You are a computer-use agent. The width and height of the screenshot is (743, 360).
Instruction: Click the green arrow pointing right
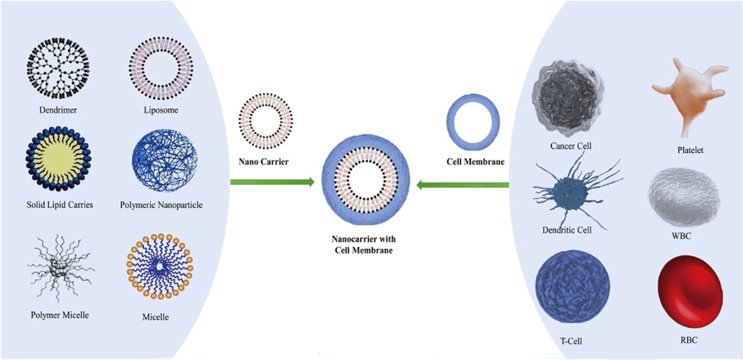(x=272, y=183)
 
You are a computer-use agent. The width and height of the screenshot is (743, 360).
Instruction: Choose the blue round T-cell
(x=566, y=285)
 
